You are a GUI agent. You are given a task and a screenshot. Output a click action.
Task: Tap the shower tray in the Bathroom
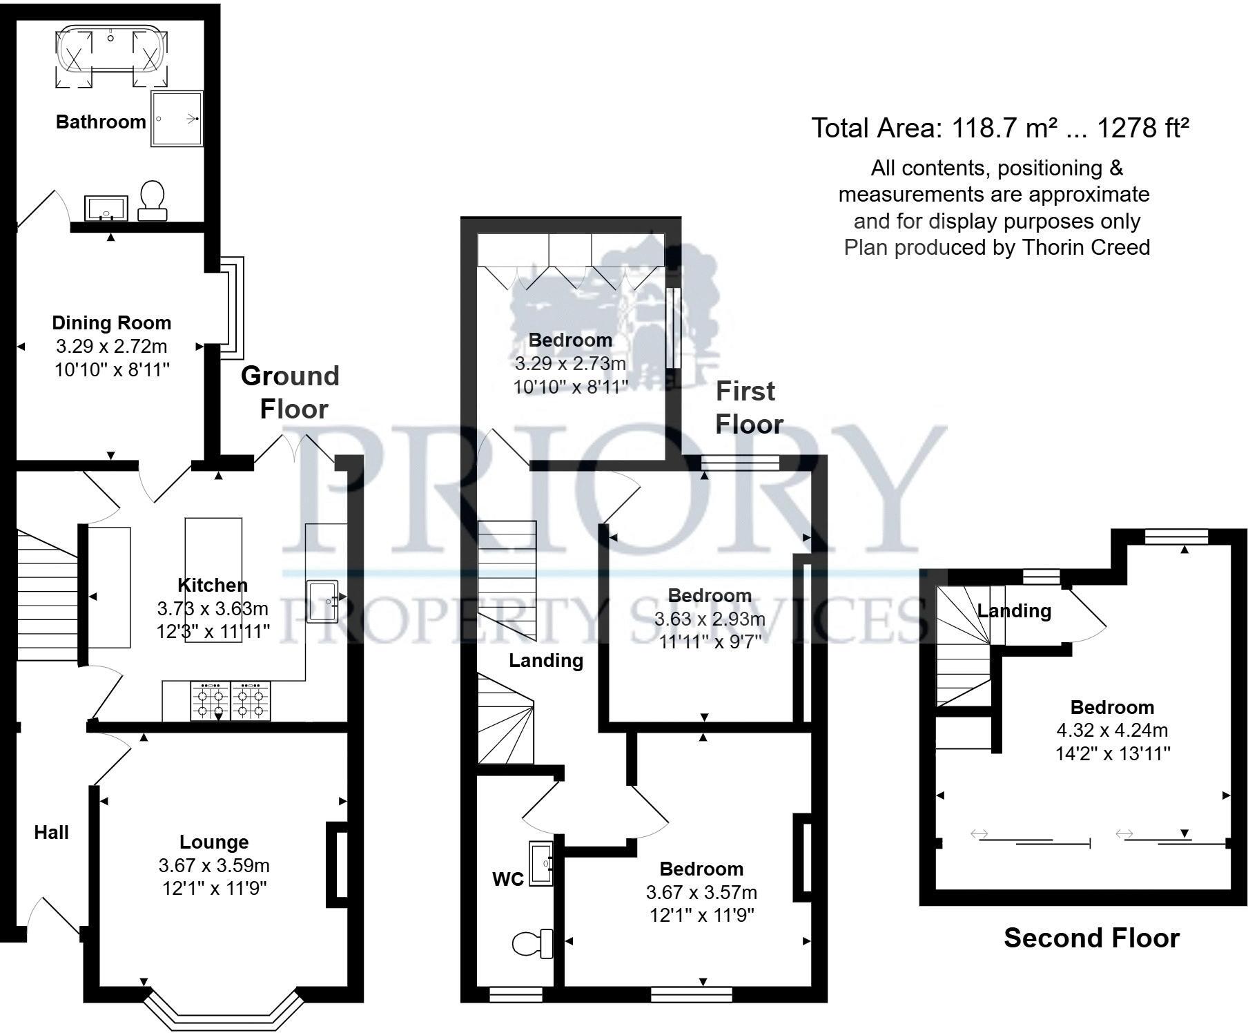point(177,119)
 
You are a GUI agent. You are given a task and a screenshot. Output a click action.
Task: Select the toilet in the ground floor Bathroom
point(152,200)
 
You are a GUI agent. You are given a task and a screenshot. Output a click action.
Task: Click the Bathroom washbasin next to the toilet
point(106,208)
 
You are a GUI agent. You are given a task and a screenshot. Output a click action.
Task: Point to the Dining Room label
point(112,323)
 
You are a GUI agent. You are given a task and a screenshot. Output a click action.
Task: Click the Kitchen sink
point(322,601)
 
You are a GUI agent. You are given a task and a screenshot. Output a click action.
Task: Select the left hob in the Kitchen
point(211,702)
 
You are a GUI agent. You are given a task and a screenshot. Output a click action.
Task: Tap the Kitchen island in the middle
point(213,580)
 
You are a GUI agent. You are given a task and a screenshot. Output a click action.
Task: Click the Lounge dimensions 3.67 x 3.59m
point(214,865)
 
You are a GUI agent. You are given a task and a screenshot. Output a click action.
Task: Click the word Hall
point(51,833)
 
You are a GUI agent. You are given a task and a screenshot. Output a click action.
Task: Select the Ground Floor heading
point(291,392)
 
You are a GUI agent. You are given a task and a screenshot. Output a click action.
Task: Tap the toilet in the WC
point(534,943)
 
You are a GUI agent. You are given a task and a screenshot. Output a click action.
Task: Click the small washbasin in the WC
point(541,863)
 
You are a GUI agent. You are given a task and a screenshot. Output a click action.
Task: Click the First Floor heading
point(748,407)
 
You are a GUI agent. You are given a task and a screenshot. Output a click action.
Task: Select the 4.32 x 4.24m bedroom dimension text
point(1112,730)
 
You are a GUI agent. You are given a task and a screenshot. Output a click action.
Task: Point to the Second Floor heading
point(1091,938)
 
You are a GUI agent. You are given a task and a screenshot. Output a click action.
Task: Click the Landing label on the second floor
point(1014,611)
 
